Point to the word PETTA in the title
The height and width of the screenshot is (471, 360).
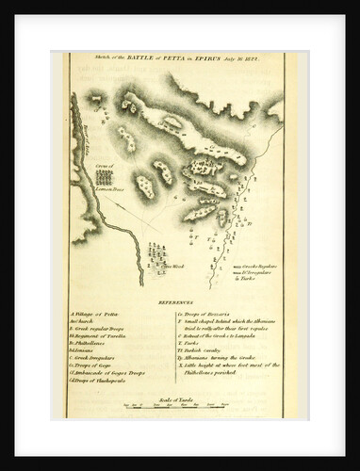[x=185, y=58]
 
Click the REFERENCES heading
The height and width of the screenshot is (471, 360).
[x=175, y=302]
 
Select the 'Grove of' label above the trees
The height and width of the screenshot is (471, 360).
[x=104, y=166]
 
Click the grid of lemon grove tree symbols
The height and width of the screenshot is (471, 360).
[x=104, y=176]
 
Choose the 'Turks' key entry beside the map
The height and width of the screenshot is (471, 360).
[x=244, y=280]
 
